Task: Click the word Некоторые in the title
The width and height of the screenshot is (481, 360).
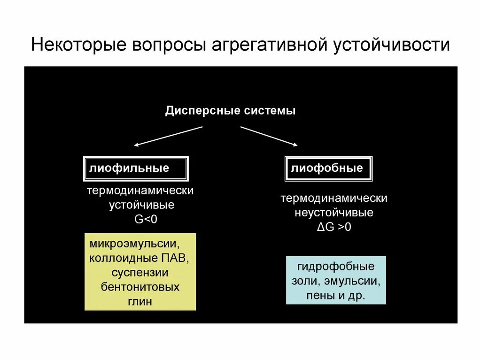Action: [x=78, y=46]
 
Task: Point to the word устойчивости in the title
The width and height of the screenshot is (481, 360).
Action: [x=392, y=46]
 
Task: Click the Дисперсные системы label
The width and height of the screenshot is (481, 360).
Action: [x=230, y=111]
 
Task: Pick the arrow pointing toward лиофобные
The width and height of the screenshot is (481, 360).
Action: [x=269, y=136]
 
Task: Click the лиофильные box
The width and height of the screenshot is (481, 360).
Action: [x=136, y=169]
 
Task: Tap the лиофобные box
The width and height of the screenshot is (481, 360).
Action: [x=328, y=169]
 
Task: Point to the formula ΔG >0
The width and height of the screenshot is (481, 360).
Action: [x=334, y=227]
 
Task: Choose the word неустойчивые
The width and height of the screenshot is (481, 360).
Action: [x=334, y=213]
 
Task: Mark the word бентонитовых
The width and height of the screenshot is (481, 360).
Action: [x=140, y=287]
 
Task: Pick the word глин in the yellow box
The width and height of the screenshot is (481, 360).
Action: [x=140, y=301]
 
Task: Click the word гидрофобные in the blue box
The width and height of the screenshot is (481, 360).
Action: [x=336, y=267]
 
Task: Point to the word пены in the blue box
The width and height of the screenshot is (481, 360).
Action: [x=318, y=296]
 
